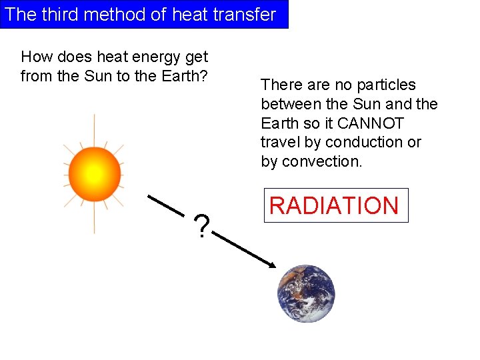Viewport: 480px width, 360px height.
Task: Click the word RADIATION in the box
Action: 334,205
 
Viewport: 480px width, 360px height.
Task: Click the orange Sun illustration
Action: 94,174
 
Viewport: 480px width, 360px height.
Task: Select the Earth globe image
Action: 306,294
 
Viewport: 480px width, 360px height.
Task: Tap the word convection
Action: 322,161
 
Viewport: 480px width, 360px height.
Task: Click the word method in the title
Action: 117,15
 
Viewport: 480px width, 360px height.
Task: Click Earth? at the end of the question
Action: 187,76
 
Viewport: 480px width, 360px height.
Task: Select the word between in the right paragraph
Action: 290,104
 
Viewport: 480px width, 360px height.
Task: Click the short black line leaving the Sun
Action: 166,205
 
